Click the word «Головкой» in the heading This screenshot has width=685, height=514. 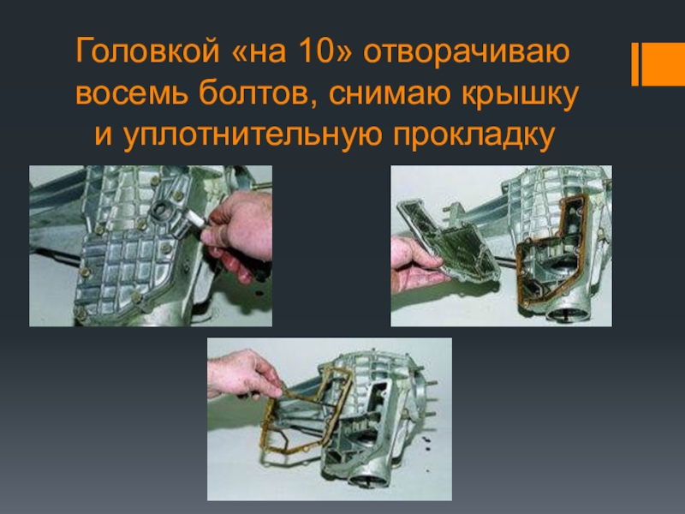[x=147, y=51]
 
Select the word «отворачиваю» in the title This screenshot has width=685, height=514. [x=467, y=51]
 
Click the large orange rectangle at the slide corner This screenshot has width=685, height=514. [x=663, y=64]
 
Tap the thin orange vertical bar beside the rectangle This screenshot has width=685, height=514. [x=635, y=64]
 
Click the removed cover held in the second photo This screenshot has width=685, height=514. [x=450, y=238]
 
